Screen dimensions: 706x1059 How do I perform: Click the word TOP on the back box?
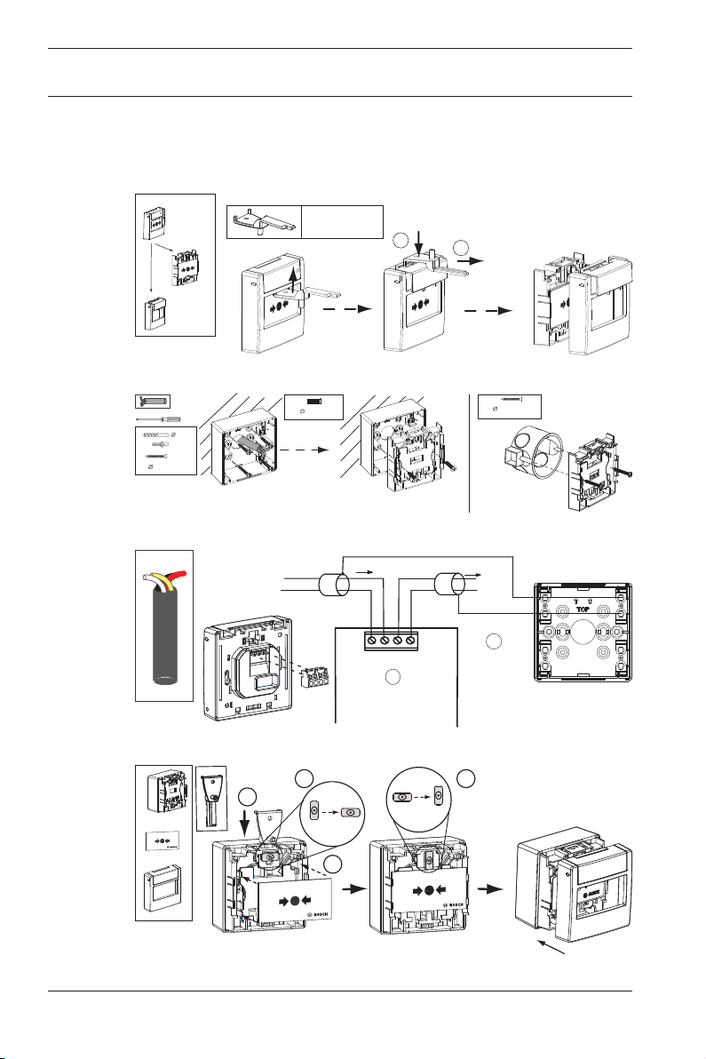(x=583, y=609)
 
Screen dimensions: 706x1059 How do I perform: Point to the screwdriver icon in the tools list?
(x=160, y=418)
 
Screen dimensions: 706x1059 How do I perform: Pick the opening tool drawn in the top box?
(x=264, y=221)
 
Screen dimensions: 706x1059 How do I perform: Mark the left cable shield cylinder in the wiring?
(x=333, y=585)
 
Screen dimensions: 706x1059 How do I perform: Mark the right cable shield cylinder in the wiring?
(x=451, y=585)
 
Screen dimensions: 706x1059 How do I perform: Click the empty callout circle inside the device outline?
(x=393, y=677)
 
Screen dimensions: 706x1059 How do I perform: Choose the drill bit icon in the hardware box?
(x=155, y=435)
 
